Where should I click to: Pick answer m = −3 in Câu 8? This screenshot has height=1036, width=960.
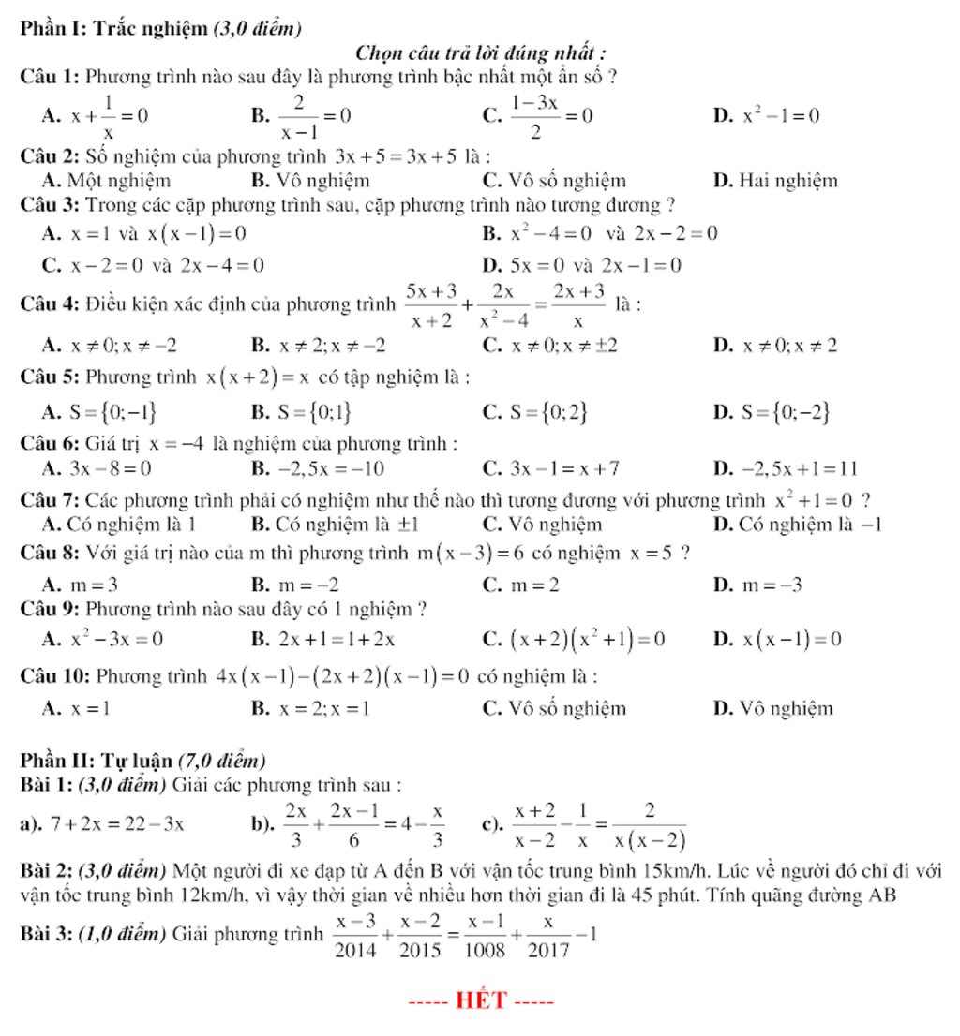772,585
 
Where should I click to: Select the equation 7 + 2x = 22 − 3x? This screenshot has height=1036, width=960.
118,824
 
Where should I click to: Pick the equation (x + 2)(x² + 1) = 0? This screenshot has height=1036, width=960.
587,640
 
